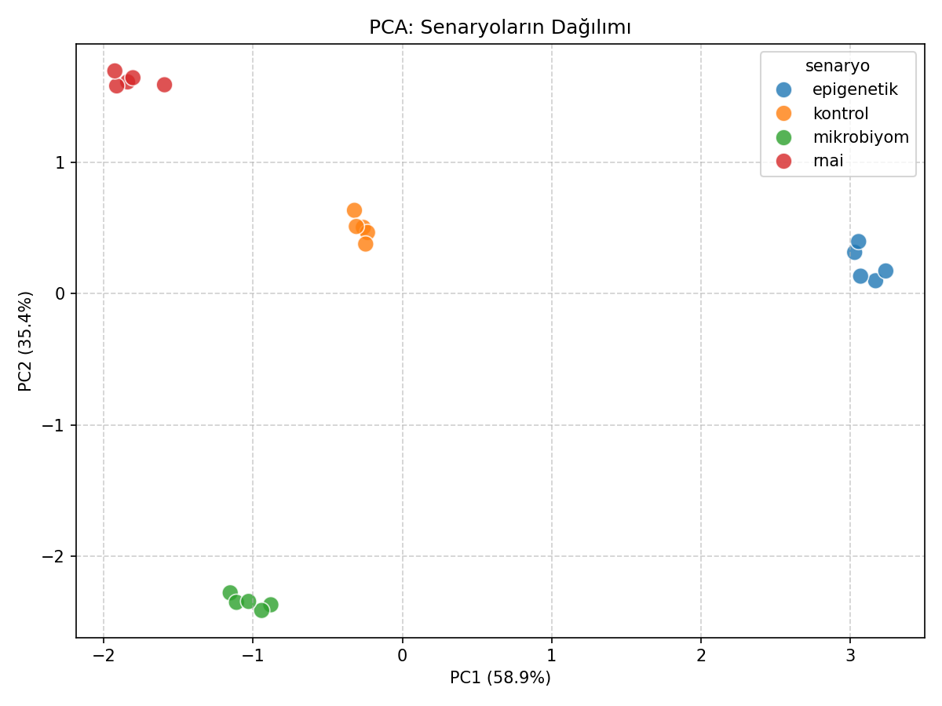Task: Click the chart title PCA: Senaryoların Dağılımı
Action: [500, 27]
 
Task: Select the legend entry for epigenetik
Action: [854, 89]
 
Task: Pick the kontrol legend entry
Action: [840, 114]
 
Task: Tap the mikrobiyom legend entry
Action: [860, 137]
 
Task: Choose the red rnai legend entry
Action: [827, 161]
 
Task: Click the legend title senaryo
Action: [838, 66]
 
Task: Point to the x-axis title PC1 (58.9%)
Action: [500, 678]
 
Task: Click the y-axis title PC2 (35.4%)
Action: [26, 340]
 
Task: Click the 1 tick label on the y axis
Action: [60, 162]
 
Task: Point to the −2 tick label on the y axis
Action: [55, 556]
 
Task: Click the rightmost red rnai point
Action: [164, 85]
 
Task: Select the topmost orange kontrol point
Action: [354, 210]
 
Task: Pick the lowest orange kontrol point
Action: [365, 244]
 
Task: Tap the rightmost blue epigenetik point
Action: [885, 271]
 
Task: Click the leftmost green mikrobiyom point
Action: [230, 593]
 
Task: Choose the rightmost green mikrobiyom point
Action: [271, 605]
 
